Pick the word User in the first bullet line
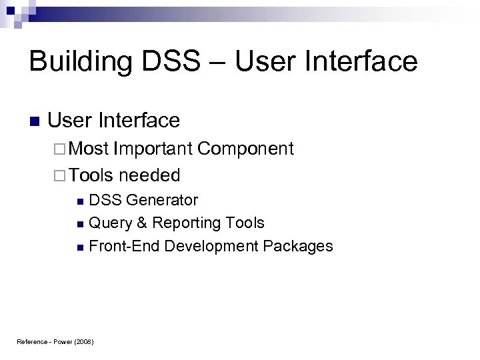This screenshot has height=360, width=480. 71,121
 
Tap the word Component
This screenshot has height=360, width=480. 246,149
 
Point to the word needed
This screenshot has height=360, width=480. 150,175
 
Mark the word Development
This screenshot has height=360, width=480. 211,246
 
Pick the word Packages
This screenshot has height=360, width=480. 298,246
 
